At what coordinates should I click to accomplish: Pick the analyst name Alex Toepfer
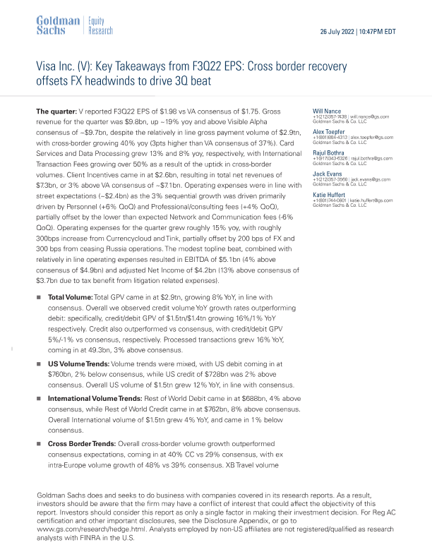pyautogui.click(x=329, y=131)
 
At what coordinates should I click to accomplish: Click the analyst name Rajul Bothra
pyautogui.click(x=330, y=152)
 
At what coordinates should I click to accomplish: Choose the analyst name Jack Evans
pyautogui.click(x=328, y=172)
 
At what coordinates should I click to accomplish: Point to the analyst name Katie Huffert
pyautogui.click(x=330, y=193)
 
